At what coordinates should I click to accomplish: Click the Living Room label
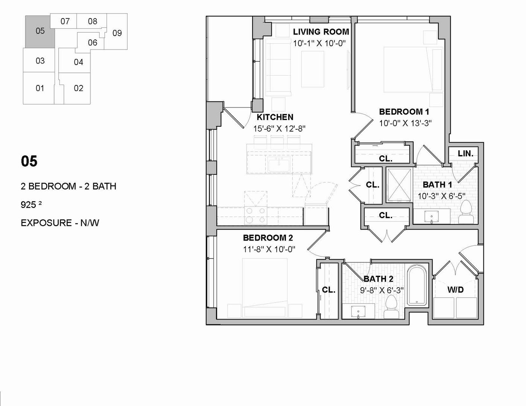coord(321,32)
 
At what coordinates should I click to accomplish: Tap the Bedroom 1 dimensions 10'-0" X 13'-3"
coord(406,123)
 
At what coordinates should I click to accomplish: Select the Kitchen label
coord(275,117)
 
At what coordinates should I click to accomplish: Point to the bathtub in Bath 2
coord(417,285)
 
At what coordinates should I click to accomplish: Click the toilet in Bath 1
coord(466,212)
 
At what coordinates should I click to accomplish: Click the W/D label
coord(455,289)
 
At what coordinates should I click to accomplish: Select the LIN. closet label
coord(465,153)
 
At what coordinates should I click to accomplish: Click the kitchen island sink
coord(279,164)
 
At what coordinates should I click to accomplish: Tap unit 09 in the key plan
coord(117,33)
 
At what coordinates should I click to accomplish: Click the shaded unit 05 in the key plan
coord(40,31)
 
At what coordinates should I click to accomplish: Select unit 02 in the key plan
coord(78,88)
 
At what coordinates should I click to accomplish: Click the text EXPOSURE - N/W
coord(60,223)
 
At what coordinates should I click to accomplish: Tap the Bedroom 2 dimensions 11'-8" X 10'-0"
coord(269,249)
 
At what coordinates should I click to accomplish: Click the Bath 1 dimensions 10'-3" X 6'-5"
coord(441,196)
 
